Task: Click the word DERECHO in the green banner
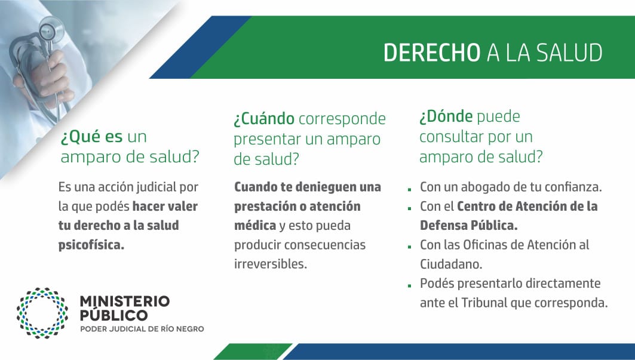tap(432, 53)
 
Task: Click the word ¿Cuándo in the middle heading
tap(264, 119)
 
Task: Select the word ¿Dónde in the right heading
tap(446, 116)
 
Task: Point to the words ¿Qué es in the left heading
tap(91, 137)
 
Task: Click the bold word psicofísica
tap(91, 245)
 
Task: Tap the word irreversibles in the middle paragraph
tap(271, 264)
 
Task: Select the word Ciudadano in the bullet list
tap(451, 264)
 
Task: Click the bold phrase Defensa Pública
tap(468, 225)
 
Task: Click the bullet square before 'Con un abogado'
tap(410, 189)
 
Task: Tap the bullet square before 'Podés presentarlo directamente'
tap(410, 285)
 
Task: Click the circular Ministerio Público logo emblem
tap(42, 313)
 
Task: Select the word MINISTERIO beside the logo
tap(125, 301)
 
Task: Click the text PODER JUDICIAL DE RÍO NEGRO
tap(142, 329)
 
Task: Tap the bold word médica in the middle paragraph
tap(255, 225)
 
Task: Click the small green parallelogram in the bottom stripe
tap(253, 352)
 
